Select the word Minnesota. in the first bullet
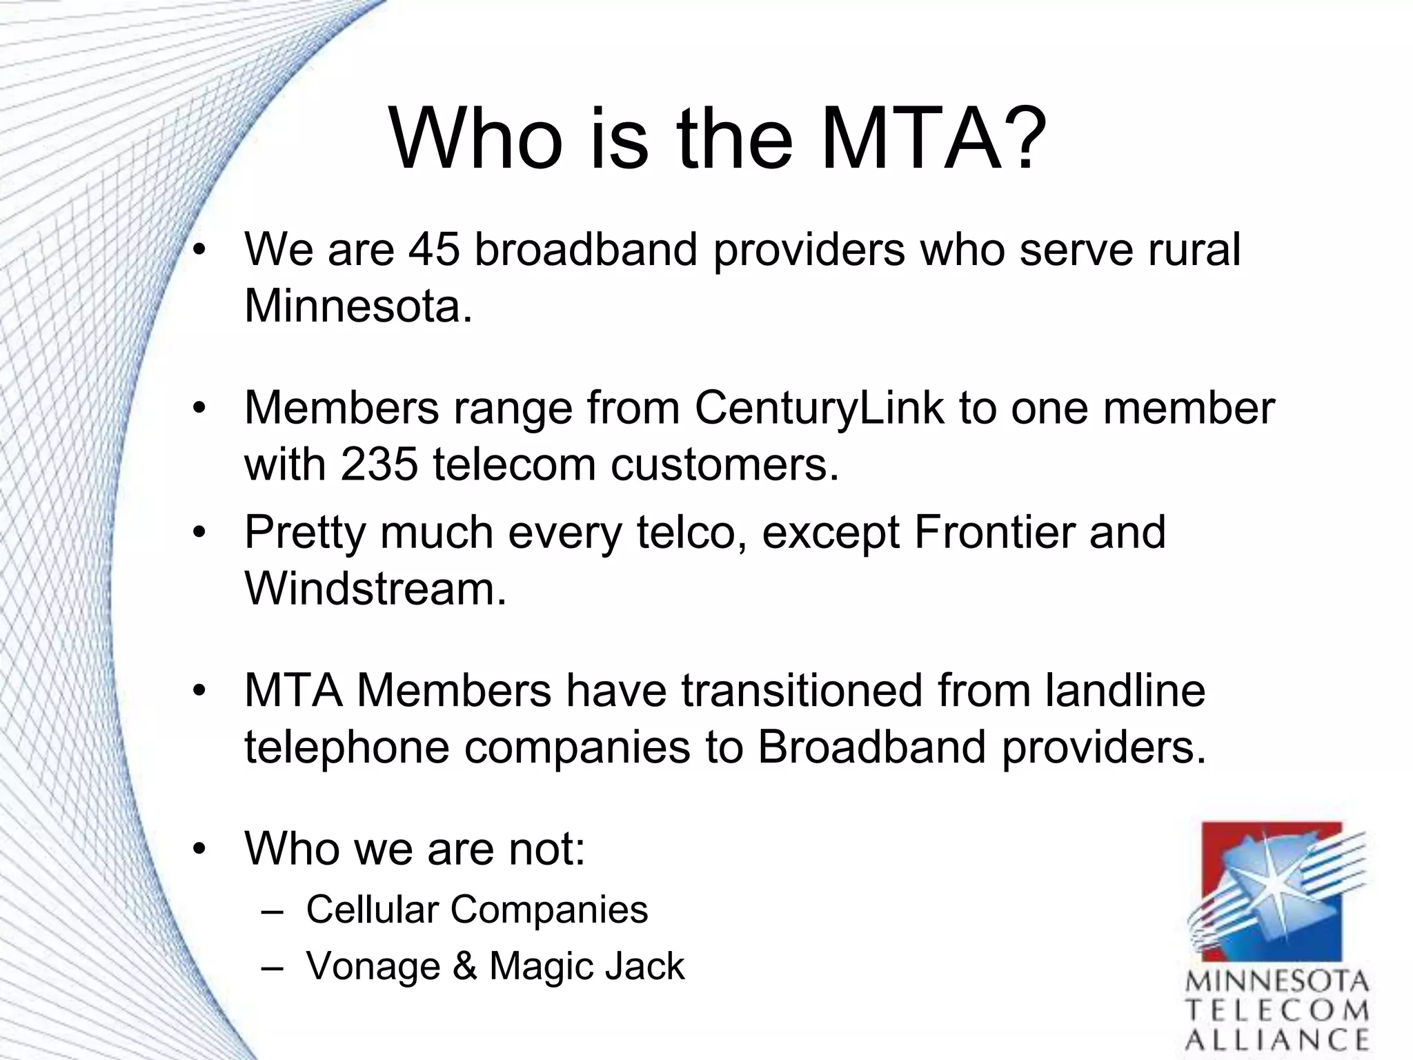[358, 305]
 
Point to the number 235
[379, 464]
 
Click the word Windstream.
[375, 589]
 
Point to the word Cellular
[372, 909]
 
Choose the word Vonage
[373, 966]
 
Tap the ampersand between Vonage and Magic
[465, 965]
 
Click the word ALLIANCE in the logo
[1277, 1040]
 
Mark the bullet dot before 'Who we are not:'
[199, 849]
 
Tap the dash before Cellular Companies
[272, 911]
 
